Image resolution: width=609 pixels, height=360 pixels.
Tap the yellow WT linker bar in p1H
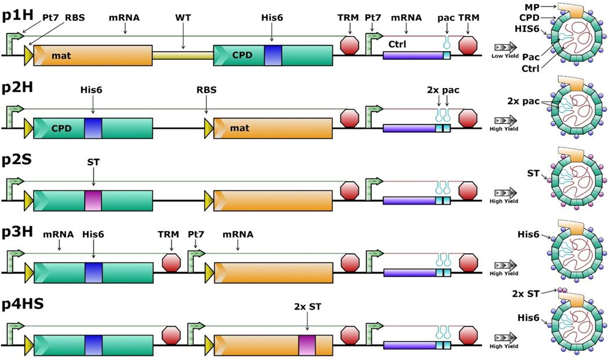[183, 56]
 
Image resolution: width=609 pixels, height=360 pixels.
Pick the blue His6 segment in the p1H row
[273, 56]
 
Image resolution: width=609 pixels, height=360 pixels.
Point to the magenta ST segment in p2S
[93, 200]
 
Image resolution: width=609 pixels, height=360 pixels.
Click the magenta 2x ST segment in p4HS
[307, 344]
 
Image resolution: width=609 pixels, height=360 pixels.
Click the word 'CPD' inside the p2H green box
[61, 128]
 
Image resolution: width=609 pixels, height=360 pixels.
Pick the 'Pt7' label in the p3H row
[195, 235]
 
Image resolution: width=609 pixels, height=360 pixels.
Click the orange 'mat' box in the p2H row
[273, 128]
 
